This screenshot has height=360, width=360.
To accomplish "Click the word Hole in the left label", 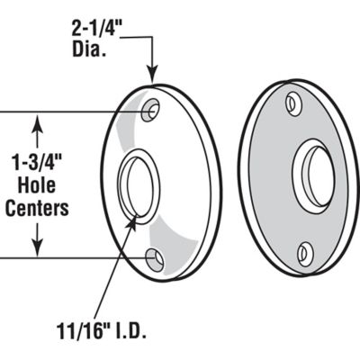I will [x=37, y=186].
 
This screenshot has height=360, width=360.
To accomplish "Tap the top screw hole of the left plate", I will [x=155, y=109].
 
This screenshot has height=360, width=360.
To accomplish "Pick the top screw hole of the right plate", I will [x=293, y=103].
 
